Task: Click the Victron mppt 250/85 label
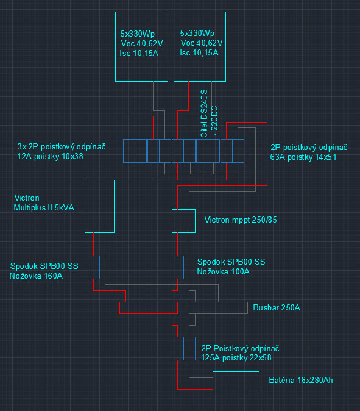click(x=241, y=220)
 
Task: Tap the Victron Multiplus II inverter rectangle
click(x=85, y=206)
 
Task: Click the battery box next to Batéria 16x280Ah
click(x=213, y=383)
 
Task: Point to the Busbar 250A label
click(x=277, y=307)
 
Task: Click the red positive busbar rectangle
click(x=149, y=302)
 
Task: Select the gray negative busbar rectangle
click(x=218, y=302)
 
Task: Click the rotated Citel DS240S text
click(x=204, y=113)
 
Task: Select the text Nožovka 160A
click(x=36, y=276)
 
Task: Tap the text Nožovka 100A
click(x=224, y=271)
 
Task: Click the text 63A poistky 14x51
click(x=303, y=157)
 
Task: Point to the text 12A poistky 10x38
click(x=50, y=157)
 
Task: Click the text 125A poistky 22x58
click(x=236, y=357)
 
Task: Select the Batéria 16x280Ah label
click(x=301, y=380)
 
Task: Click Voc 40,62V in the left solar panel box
click(x=142, y=43)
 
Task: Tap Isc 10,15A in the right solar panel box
click(x=199, y=53)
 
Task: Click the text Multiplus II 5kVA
click(x=44, y=207)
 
